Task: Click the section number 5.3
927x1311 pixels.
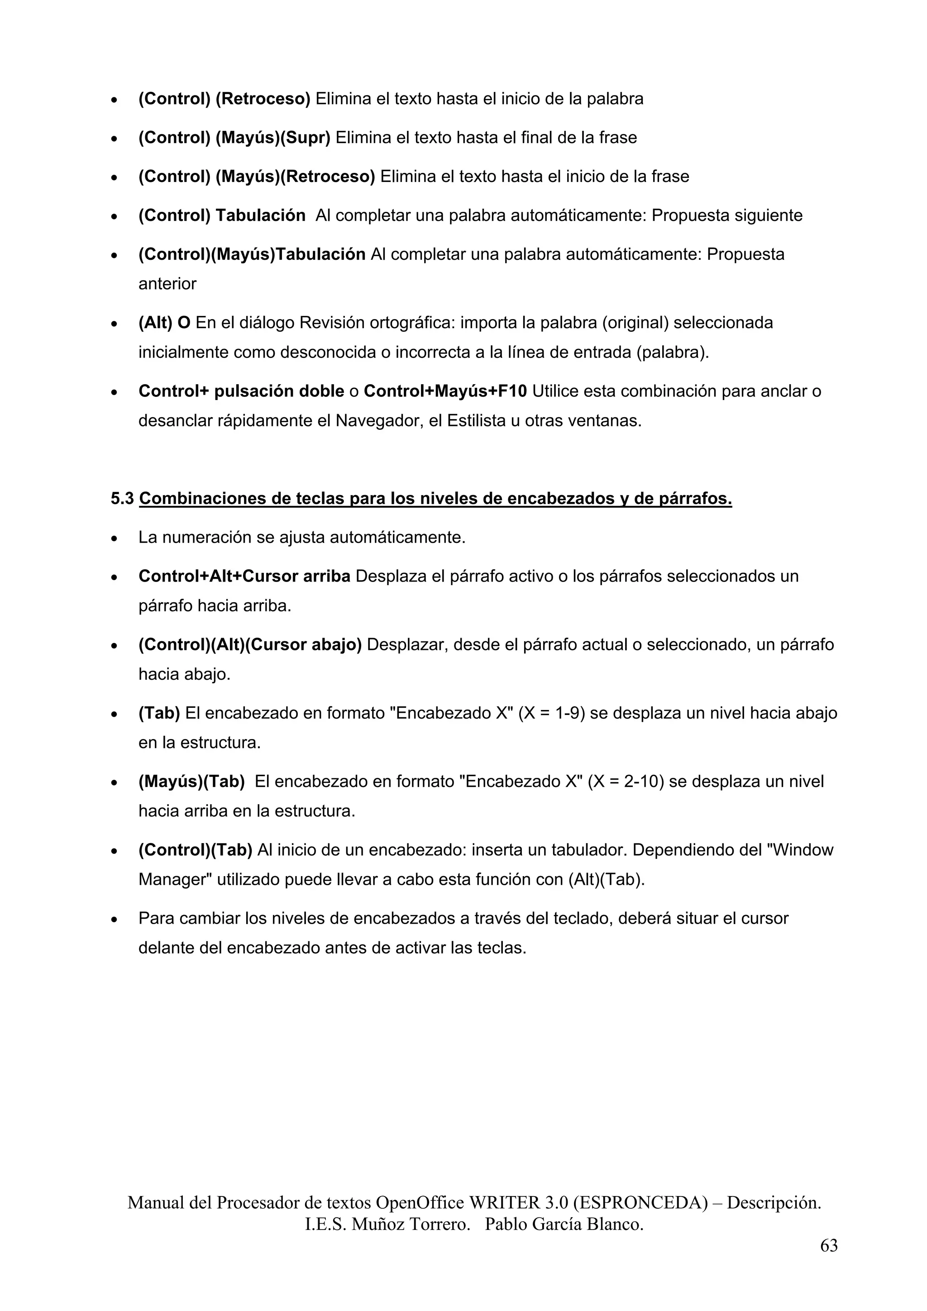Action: tap(122, 499)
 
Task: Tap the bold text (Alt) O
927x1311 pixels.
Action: tap(164, 323)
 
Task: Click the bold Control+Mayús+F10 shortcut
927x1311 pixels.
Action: tap(445, 391)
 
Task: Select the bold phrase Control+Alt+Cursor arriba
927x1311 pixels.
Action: tap(244, 576)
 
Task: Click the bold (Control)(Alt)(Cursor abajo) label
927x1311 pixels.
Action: tap(249, 645)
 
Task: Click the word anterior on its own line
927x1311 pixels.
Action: tap(167, 284)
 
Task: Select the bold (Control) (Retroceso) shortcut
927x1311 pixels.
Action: tap(224, 99)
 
